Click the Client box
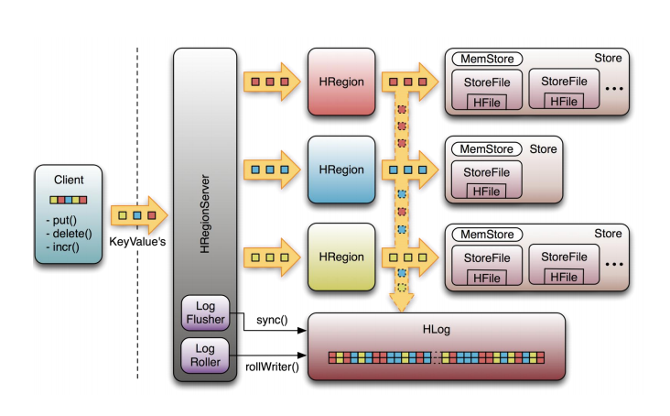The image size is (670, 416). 69,213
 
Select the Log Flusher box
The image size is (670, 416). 206,312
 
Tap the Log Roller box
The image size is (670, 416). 206,356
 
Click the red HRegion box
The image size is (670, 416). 341,82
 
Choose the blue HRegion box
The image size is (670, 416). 341,170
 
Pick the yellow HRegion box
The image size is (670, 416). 341,257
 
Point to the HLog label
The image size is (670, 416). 437,330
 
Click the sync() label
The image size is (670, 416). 272,320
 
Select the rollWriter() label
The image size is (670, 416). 272,367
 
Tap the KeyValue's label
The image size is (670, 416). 137,242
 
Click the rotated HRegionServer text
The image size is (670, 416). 205,213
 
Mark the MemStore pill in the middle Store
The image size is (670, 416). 487,149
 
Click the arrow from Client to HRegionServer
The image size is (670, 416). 139,215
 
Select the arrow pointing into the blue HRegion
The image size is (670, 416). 272,170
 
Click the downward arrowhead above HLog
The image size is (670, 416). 402,302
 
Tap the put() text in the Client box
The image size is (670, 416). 61,221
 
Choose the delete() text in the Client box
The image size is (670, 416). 70,234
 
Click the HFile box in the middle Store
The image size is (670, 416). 486,192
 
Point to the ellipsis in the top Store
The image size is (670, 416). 614,89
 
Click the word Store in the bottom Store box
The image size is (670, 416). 608,234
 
